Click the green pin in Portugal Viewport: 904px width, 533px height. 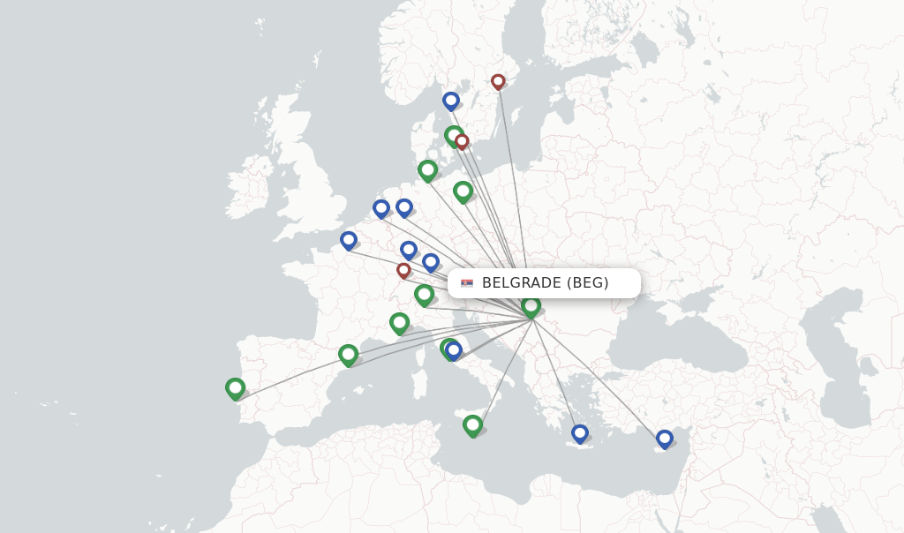[235, 387]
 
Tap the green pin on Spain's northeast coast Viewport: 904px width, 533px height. [349, 354]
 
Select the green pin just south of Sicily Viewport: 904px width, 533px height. [473, 424]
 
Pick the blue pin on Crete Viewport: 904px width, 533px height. [580, 432]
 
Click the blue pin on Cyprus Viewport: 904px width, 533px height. [665, 438]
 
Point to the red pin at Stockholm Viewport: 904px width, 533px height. [498, 81]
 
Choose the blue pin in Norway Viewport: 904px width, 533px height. [451, 101]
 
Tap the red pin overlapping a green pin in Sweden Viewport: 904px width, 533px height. [462, 141]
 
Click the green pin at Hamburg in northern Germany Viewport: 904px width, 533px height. [428, 169]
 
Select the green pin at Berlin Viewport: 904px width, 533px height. [463, 190]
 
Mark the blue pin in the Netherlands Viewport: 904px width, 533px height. [381, 208]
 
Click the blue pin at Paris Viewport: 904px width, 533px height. [349, 239]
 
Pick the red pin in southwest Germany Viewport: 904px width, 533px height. [403, 270]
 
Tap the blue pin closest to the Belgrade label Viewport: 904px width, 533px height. [431, 261]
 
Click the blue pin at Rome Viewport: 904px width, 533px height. [454, 349]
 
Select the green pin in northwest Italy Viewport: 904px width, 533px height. [400, 322]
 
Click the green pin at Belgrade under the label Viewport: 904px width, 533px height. [531, 305]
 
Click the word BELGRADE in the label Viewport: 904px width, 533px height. [521, 283]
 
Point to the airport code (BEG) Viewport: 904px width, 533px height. [589, 283]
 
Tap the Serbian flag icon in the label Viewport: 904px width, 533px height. [467, 283]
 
